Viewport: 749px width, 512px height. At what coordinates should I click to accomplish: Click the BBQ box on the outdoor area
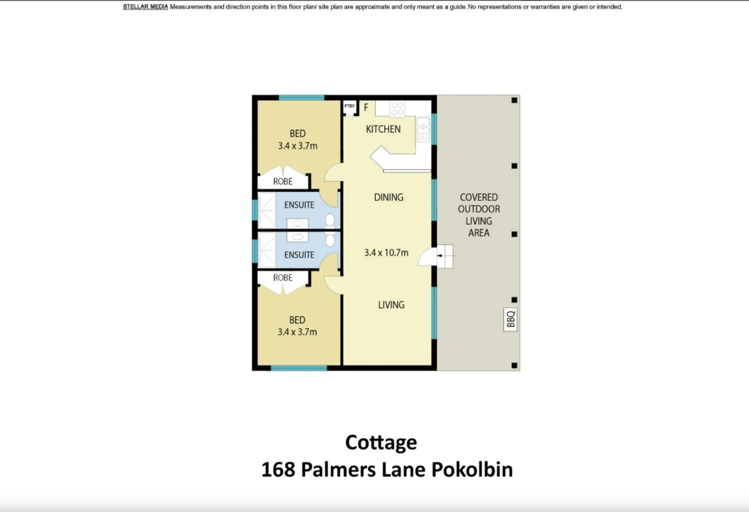511,319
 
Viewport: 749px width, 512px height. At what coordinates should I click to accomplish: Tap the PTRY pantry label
350,106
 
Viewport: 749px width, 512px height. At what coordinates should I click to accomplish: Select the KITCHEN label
383,129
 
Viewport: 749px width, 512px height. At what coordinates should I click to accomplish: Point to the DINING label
389,197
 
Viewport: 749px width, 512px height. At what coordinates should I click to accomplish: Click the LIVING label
391,305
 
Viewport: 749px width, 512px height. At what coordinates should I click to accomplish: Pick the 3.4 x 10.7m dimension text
386,253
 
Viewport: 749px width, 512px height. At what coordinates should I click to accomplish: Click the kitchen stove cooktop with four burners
397,109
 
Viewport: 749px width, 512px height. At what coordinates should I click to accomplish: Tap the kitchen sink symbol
423,129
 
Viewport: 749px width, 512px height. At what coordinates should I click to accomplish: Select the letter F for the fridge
366,107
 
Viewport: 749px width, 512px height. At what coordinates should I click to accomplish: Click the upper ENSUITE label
299,205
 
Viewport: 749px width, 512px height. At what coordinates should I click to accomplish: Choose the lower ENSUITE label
299,255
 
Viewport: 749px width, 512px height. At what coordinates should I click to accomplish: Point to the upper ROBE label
283,182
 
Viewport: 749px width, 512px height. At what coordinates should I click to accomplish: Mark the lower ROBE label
283,278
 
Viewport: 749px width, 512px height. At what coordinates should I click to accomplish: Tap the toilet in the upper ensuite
330,221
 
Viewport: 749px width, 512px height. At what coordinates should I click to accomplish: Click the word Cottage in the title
381,443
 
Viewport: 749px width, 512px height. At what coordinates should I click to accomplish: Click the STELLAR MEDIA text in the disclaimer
146,7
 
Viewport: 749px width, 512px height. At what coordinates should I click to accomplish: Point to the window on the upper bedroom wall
302,97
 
